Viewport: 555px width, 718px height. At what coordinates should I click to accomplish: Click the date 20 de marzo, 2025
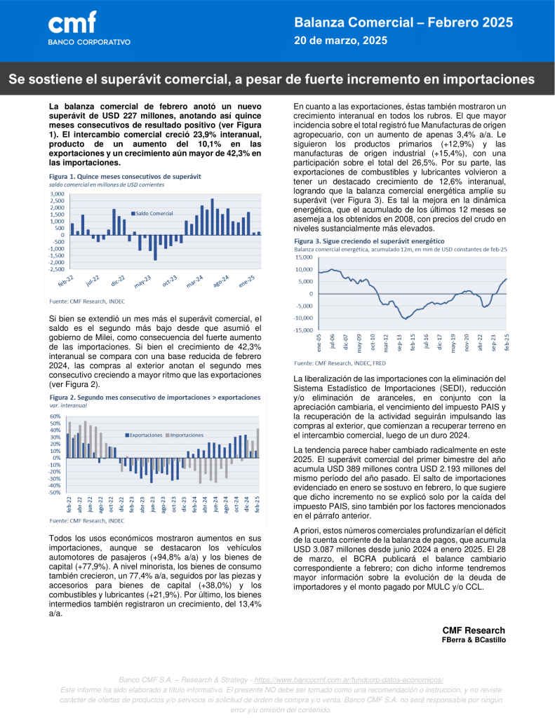point(340,41)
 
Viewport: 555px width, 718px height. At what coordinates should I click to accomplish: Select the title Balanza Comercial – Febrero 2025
point(403,23)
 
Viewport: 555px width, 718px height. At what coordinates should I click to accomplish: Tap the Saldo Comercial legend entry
point(153,212)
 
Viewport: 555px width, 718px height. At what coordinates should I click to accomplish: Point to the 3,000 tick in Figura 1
point(57,194)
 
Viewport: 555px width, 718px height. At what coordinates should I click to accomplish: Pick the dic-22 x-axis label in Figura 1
point(117,281)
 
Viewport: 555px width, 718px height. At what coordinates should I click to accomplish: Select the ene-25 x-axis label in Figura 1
point(247,281)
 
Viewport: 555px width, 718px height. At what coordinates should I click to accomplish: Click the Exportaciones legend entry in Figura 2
point(145,435)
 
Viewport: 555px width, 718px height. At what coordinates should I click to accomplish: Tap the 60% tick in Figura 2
point(55,416)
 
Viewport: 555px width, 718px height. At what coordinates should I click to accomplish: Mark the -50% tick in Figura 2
point(55,492)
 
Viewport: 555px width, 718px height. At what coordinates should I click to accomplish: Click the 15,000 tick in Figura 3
point(304,257)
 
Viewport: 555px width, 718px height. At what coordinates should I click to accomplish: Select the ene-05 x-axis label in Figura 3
point(319,343)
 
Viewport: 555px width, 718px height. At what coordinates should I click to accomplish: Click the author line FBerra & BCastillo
point(473,640)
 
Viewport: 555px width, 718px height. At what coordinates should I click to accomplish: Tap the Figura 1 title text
point(109,177)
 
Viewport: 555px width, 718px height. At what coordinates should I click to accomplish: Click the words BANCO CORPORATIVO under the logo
point(88,42)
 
